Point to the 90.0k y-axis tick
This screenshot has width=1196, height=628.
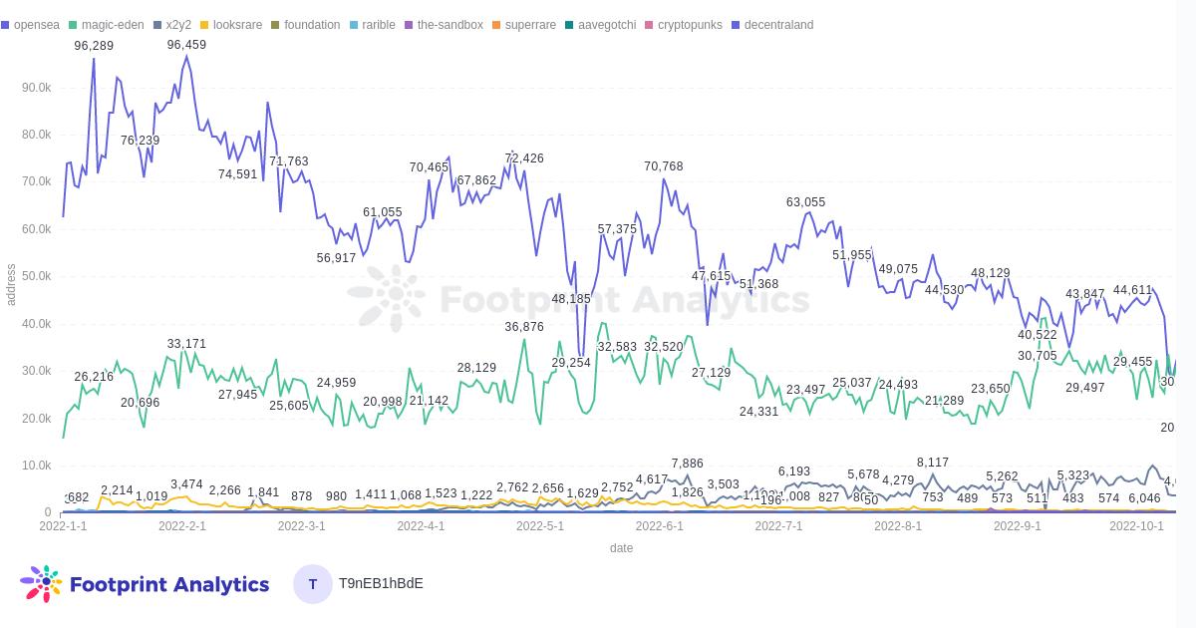36,88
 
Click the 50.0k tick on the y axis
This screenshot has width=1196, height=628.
36,276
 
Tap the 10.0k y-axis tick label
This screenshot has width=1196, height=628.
36,466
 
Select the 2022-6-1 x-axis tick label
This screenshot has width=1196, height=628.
659,526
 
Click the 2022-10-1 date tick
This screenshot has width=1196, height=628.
1136,526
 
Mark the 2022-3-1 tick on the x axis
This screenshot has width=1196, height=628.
301,526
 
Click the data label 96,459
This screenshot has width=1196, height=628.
186,45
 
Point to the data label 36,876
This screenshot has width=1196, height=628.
524,327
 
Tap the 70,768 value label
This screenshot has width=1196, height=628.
664,166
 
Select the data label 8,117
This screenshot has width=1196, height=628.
933,463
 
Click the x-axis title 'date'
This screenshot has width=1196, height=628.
621,548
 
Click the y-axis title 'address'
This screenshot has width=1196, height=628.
11,285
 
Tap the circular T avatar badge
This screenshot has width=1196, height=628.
313,584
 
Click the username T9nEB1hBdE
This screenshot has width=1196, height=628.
381,584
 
